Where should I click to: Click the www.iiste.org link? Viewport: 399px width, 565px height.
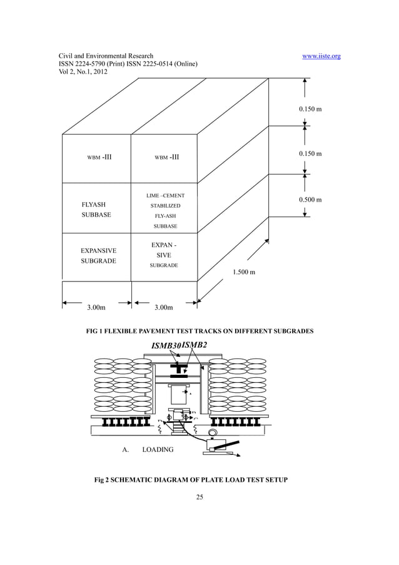[321, 56]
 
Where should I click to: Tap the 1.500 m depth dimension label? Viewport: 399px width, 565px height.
[244, 272]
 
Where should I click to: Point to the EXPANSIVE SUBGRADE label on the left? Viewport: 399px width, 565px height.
[98, 255]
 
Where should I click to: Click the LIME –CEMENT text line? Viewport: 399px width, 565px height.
[165, 196]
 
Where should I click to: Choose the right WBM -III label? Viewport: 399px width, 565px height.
[166, 156]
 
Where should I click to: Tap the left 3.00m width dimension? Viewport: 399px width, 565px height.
[96, 307]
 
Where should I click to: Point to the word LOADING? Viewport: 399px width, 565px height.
[158, 449]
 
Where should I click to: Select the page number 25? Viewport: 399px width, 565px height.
[200, 498]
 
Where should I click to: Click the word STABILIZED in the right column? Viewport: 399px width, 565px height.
[165, 206]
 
